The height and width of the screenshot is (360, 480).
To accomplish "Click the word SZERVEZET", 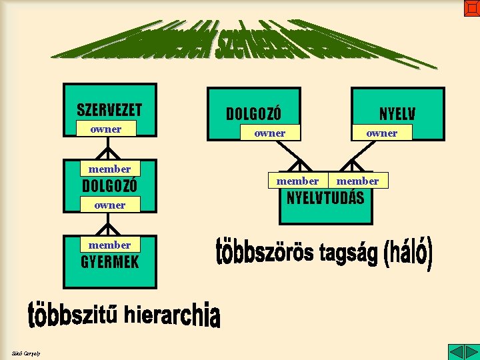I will point(109,109).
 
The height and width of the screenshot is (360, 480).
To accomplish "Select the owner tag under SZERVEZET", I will point(106,129).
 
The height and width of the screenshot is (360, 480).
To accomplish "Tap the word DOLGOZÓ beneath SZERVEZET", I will point(109,185).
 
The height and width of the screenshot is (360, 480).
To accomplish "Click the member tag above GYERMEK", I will point(110,245).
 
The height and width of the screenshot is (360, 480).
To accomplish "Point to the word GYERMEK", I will point(110,261).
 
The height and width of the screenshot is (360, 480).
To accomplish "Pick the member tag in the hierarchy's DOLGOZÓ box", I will point(110,169).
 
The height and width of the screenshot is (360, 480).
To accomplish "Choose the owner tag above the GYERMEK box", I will point(110,205).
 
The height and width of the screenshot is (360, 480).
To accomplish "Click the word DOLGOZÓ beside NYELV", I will point(253,114).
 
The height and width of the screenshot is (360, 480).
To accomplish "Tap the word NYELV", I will point(397,114).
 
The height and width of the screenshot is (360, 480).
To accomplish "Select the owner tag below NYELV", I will point(382,133).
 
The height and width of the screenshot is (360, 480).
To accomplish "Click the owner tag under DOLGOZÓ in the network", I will point(270,133).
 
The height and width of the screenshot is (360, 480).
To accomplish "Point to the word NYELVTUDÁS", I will point(325,198).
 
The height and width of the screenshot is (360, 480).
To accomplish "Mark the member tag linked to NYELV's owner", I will point(358,181).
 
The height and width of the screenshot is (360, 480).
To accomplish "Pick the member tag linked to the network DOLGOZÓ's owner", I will point(297,181).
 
